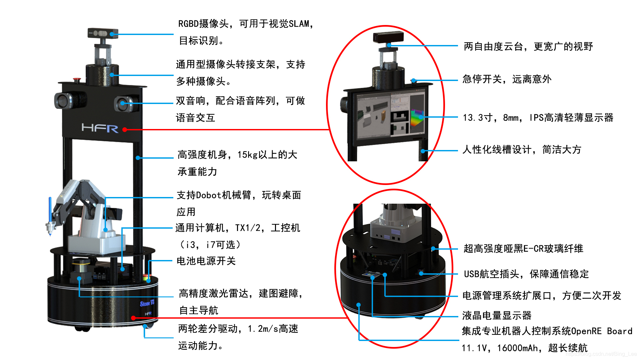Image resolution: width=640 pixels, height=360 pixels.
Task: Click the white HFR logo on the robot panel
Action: (100, 128)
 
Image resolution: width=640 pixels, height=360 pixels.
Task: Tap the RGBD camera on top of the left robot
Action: (103, 33)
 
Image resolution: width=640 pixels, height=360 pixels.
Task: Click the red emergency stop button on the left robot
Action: (77, 79)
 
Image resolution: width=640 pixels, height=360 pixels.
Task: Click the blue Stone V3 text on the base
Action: (147, 303)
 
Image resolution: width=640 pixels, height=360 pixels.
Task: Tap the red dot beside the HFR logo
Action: (124, 130)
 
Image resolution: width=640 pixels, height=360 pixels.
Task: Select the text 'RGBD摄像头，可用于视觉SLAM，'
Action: (246, 24)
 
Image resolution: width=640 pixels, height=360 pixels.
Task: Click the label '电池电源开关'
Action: (206, 261)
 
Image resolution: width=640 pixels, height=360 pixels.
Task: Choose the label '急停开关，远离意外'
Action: (507, 79)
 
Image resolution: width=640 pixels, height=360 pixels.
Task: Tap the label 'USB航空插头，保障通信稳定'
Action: (526, 274)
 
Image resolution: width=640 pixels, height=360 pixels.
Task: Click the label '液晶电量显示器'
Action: (497, 315)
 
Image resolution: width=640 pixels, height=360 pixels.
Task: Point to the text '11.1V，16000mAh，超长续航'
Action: (525, 348)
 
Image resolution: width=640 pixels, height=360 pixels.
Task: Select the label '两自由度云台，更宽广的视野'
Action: (528, 46)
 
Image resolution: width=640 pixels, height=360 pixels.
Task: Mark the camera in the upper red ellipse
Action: (388, 37)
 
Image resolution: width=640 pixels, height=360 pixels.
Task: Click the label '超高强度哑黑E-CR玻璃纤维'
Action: (523, 249)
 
